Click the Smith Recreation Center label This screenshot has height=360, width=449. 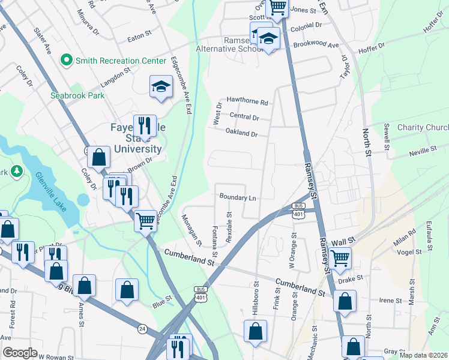120,61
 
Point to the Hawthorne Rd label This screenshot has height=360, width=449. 247,101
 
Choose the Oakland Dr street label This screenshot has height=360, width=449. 241,132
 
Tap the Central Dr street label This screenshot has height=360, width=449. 244,117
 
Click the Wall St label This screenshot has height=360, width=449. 340,238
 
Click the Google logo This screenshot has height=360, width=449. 20,353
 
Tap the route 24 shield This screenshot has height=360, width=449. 142,328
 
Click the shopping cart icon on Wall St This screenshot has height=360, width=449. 340,258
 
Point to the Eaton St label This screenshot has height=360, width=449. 139,37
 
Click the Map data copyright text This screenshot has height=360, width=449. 423,355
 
